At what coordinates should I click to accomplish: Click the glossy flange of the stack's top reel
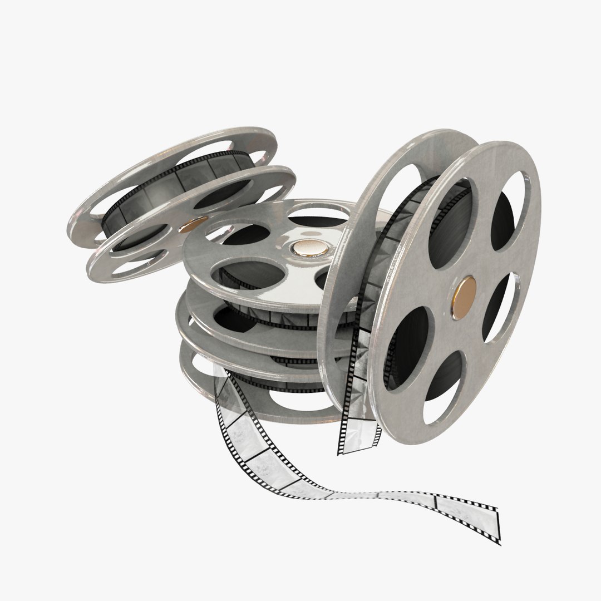(x=223, y=256)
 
